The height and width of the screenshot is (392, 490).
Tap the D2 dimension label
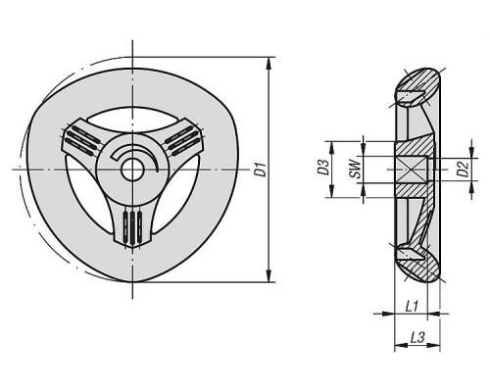pyautogui.click(x=463, y=169)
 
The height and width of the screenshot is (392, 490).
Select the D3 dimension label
pyautogui.click(x=323, y=167)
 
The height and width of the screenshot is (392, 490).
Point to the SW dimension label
pyautogui.click(x=356, y=170)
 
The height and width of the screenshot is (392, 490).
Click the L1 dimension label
pyautogui.click(x=412, y=306)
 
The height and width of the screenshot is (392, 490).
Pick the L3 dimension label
pyautogui.click(x=417, y=337)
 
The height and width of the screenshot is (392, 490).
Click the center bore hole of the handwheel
pyautogui.click(x=132, y=170)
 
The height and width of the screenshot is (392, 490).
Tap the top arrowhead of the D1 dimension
pyautogui.click(x=269, y=63)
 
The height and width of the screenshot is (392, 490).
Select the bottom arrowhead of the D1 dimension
pyautogui.click(x=269, y=275)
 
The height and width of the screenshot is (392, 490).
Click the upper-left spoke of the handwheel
pyautogui.click(x=81, y=139)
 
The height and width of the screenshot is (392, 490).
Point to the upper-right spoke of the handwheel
pyautogui.click(x=182, y=139)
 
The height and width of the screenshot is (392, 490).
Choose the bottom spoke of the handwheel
pyautogui.click(x=132, y=224)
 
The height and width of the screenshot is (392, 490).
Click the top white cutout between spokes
pyautogui.click(x=132, y=119)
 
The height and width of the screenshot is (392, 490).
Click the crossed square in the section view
pyautogui.click(x=411, y=170)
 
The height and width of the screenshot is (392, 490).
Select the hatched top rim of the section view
pyautogui.click(x=419, y=86)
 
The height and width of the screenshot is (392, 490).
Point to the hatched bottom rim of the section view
pyautogui.click(x=419, y=263)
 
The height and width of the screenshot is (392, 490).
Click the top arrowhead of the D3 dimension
pyautogui.click(x=332, y=147)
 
